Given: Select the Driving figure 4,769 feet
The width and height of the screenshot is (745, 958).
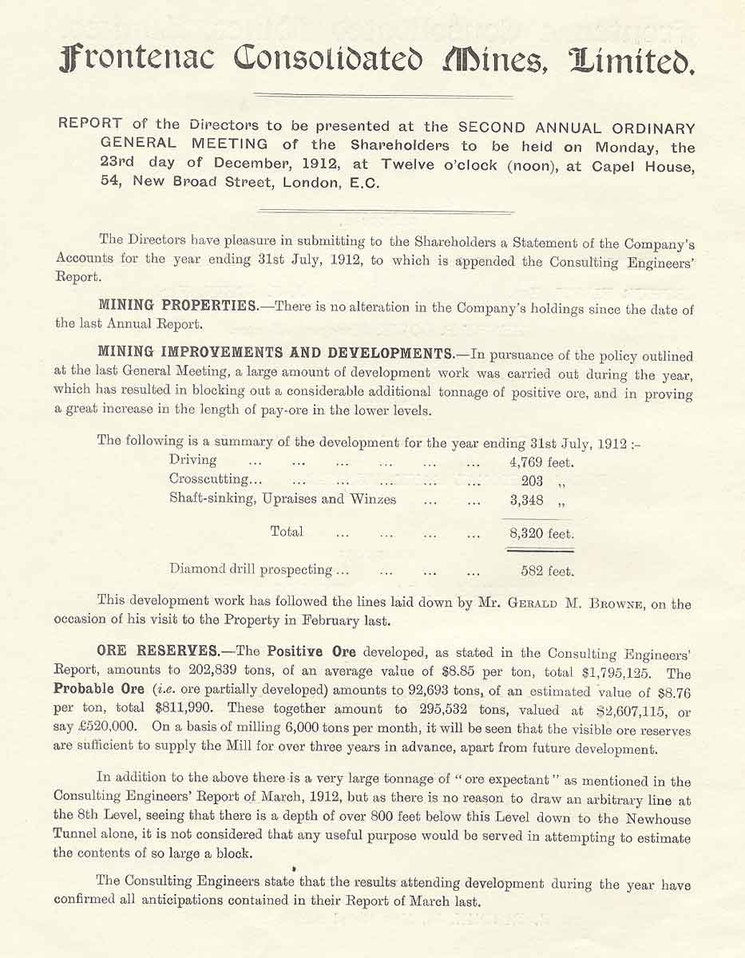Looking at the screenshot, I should [541, 461].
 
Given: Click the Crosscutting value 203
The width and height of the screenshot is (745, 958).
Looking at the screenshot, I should [532, 481].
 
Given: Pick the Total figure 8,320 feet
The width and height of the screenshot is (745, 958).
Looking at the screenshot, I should [541, 533].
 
